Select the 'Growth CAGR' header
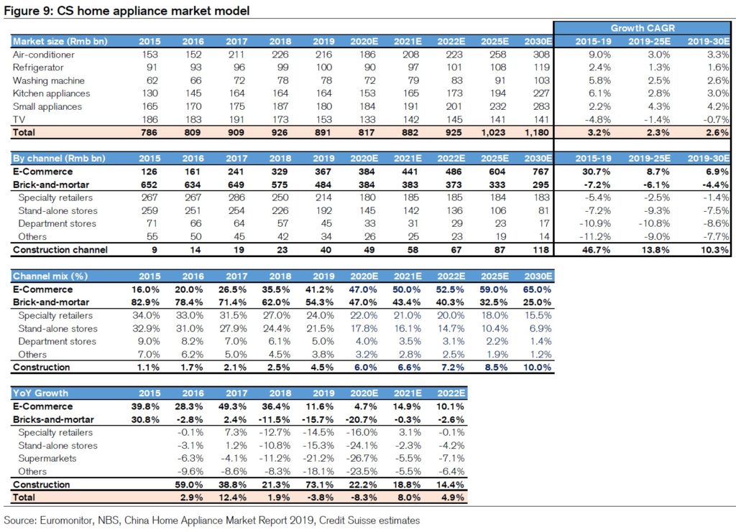(x=643, y=28)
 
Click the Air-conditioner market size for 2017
(x=236, y=55)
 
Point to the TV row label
(x=19, y=119)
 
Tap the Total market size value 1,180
(x=536, y=133)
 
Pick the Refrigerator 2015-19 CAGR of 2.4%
(x=599, y=67)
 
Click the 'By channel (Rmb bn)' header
(x=59, y=159)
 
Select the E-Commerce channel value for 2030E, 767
(x=540, y=172)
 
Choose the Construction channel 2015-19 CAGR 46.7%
(x=596, y=250)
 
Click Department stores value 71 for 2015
(x=152, y=223)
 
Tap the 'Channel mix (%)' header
(x=50, y=276)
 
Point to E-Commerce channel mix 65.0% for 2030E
(x=537, y=289)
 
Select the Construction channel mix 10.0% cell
(x=537, y=368)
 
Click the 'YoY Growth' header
(x=40, y=393)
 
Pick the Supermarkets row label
(x=47, y=459)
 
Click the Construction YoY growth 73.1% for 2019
(x=320, y=485)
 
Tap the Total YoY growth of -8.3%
(x=363, y=498)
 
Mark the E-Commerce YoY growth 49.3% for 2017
(x=232, y=406)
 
